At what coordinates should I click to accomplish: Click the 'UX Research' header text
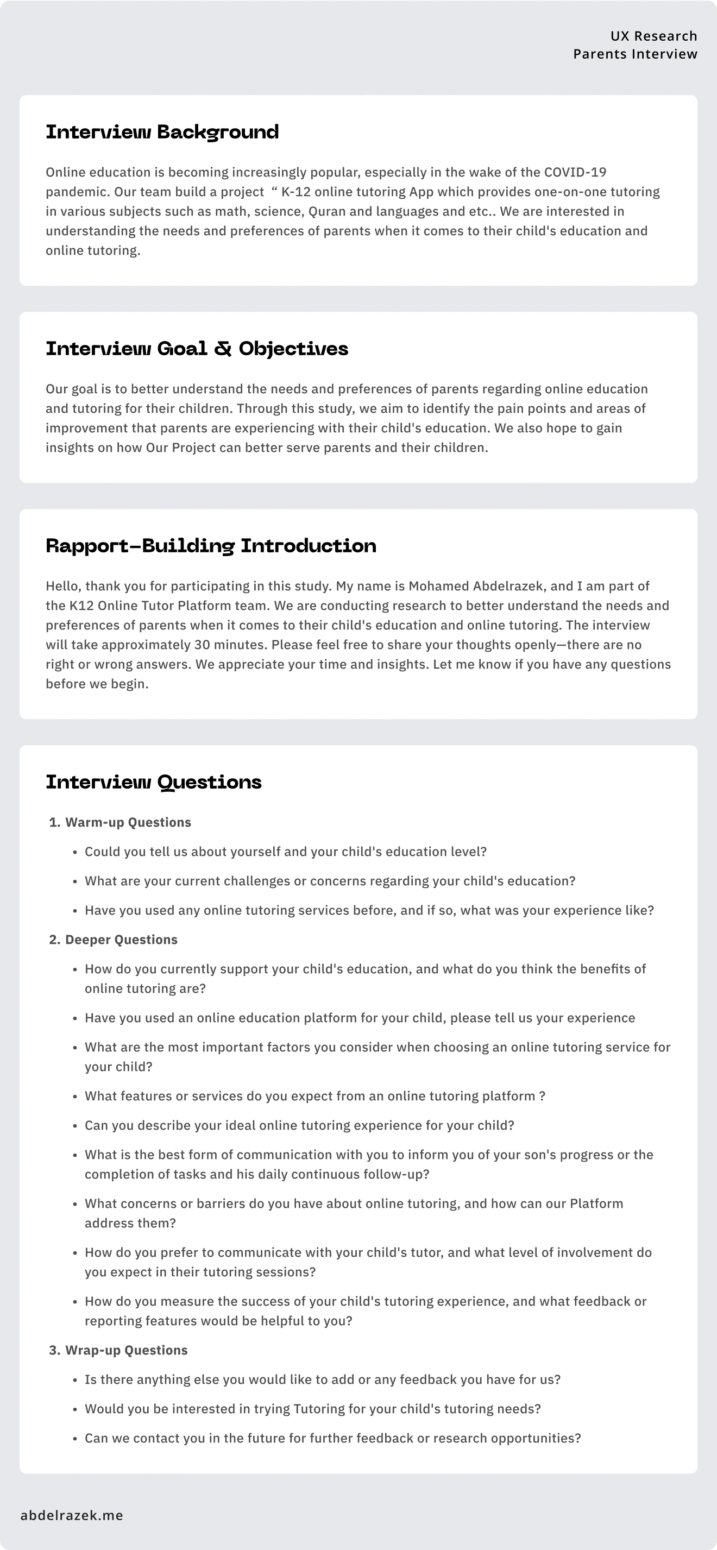coord(653,36)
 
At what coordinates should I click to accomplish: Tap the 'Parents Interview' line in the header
coord(635,54)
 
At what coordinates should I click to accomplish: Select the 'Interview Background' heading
coord(162,132)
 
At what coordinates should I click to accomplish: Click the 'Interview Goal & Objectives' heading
coord(197,348)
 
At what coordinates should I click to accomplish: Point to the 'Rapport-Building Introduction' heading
coord(211,546)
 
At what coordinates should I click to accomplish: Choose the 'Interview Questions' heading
coord(154,782)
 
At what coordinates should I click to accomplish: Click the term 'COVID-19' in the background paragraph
coord(575,172)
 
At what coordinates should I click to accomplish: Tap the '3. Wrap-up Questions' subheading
coord(118,1350)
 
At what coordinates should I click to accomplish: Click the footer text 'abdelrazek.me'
coord(72,1515)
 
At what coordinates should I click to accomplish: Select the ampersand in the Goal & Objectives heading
coord(223,348)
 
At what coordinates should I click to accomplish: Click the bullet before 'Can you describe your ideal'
coord(76,1126)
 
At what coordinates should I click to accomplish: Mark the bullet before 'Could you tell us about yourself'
coord(76,853)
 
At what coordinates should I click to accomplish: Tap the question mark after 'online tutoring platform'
coord(543,1096)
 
